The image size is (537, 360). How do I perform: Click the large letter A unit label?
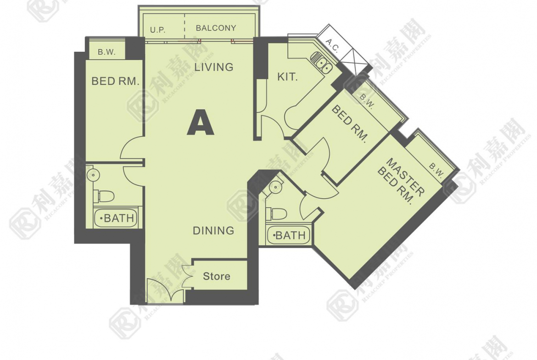(x=201, y=122)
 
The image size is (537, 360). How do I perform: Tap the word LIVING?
(x=214, y=67)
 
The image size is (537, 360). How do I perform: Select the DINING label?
(x=214, y=231)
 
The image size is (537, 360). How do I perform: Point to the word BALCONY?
(x=216, y=28)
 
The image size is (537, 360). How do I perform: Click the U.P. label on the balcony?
(x=158, y=30)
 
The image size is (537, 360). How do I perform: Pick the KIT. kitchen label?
(x=287, y=77)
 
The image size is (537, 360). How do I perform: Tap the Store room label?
(x=217, y=276)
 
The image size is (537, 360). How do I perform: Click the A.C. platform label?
(x=332, y=46)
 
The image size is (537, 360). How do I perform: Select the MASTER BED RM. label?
(x=400, y=181)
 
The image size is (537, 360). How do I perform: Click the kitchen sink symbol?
(x=322, y=63)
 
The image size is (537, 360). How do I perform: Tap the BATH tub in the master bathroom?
(x=288, y=235)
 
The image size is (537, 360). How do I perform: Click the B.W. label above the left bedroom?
(x=106, y=52)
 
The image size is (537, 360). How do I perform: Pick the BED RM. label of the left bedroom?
(x=115, y=82)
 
